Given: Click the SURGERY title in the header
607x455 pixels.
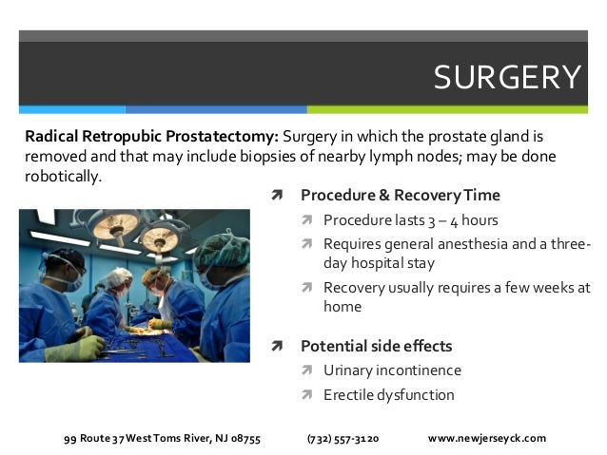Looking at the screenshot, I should (506, 77).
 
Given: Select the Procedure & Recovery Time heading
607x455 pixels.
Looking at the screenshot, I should (400, 196).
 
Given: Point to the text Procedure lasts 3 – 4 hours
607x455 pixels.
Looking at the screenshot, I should (410, 221).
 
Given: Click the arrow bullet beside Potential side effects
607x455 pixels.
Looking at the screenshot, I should (276, 346).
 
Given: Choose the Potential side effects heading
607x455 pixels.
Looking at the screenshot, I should (376, 346).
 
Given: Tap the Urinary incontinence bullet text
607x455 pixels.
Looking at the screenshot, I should (392, 370).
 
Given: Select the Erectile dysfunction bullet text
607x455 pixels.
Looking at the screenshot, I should (388, 395).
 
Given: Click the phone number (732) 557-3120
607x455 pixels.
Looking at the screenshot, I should (343, 439).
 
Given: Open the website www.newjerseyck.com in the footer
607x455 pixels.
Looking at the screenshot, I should (487, 439).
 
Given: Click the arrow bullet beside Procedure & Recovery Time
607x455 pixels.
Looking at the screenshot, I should (276, 196).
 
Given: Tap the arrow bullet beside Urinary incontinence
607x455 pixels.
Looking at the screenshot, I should (306, 370).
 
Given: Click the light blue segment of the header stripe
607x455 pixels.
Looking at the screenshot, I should (72, 109).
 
